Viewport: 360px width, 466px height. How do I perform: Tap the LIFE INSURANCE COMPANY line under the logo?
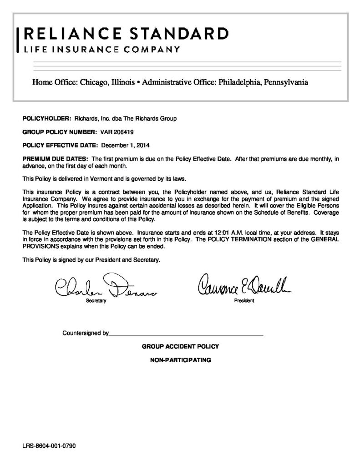pyautogui.click(x=101, y=49)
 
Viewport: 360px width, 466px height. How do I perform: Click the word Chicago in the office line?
pyautogui.click(x=93, y=83)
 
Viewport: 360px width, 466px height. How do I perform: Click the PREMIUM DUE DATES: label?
pyautogui.click(x=56, y=159)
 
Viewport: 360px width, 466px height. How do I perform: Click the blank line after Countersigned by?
pyautogui.click(x=186, y=334)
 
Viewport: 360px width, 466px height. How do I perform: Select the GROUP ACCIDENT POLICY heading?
pyautogui.click(x=180, y=346)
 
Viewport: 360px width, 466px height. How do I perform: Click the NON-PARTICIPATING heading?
pyautogui.click(x=180, y=360)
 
